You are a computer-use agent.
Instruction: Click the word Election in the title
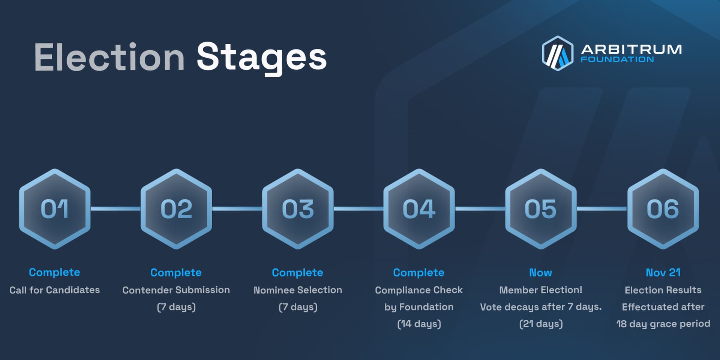[109, 57]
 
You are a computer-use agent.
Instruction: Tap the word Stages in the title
[261, 57]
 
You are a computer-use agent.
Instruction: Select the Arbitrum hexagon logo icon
[557, 53]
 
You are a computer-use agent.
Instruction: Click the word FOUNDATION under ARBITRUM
[617, 59]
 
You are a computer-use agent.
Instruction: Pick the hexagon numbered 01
[55, 209]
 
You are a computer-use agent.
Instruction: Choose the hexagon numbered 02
[176, 209]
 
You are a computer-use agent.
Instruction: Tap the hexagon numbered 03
[298, 209]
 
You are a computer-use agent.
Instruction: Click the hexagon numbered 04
[419, 209]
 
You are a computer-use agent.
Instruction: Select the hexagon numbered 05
[541, 209]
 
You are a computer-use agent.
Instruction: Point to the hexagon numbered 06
[663, 209]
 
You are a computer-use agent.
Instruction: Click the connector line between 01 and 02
[115, 208]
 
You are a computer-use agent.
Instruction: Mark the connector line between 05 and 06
[601, 208]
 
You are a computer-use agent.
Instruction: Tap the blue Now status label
[540, 273]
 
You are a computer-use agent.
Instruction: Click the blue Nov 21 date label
[663, 273]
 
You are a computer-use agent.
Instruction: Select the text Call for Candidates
[55, 290]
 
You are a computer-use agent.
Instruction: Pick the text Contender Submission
[176, 290]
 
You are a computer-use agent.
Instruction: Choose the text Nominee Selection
[298, 290]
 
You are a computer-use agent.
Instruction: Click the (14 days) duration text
[419, 324]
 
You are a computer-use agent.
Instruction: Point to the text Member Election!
[540, 290]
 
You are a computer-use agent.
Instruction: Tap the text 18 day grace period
[663, 324]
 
